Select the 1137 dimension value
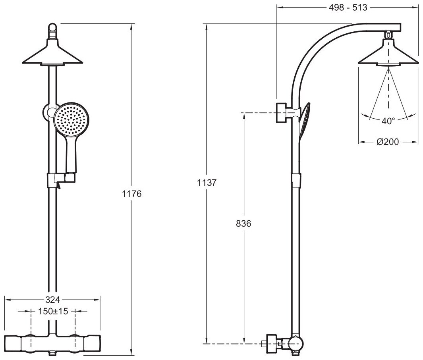click(207, 183)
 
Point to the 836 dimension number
click(243, 223)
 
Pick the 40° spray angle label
click(388, 121)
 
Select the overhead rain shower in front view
click(52, 55)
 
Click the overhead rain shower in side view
click(388, 55)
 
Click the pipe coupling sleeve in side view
click(297, 180)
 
